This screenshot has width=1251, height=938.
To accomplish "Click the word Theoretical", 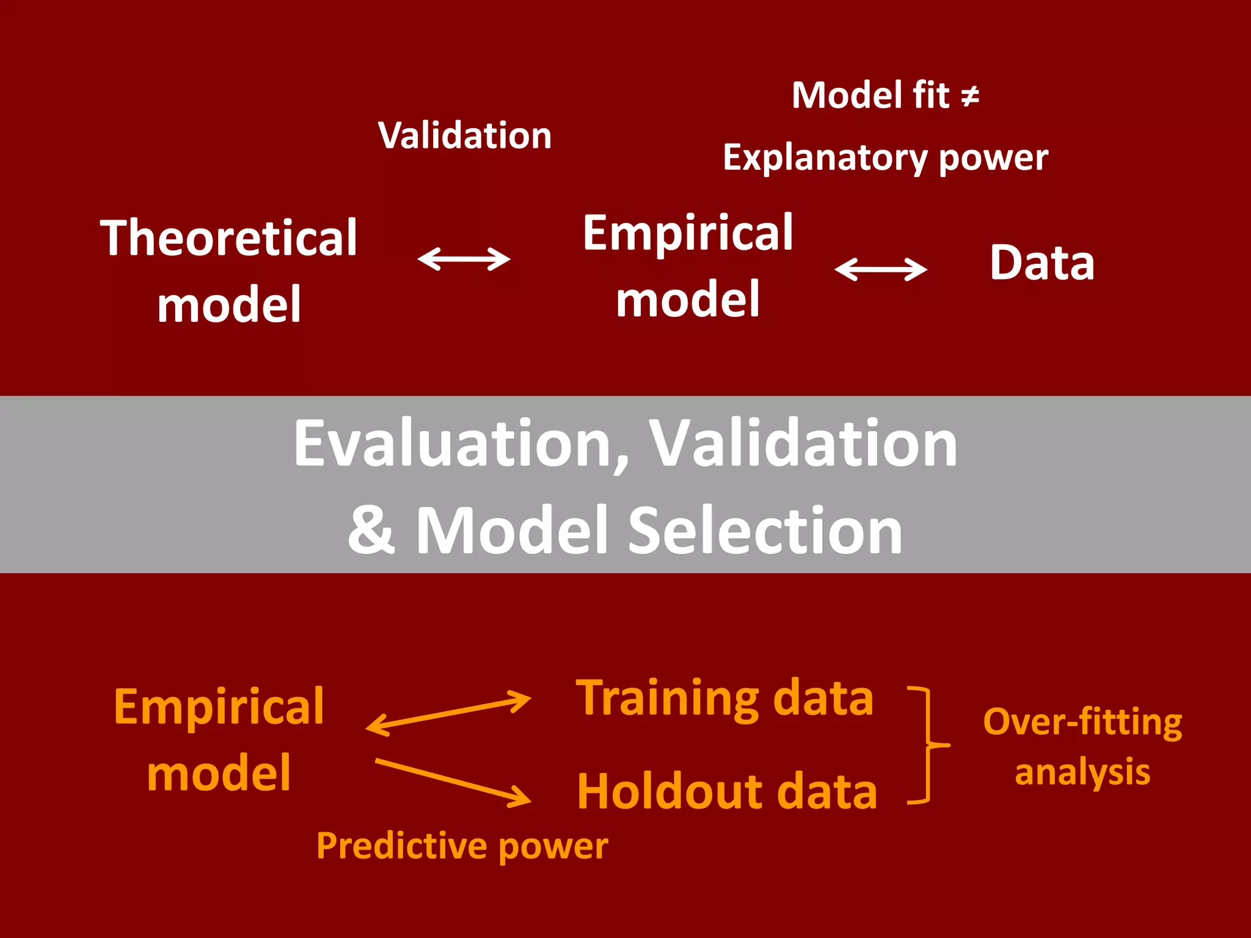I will coord(228,238).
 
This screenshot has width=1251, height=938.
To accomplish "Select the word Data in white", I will coord(1042,263).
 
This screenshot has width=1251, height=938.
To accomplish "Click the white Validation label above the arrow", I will coord(465,135).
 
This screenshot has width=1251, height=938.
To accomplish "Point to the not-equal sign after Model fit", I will coord(970,96).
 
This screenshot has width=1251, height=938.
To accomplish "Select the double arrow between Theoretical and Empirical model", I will coord(464,258).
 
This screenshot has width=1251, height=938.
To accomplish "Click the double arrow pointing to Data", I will coord(881,269).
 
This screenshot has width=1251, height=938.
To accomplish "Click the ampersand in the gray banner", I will coord(371,529).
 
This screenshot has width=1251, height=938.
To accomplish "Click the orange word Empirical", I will coord(219,707).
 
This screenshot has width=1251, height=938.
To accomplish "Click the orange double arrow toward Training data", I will coord(448,713).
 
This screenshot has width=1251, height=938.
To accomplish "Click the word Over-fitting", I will coord(1082,722).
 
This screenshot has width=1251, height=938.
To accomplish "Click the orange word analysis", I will coord(1082,772).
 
